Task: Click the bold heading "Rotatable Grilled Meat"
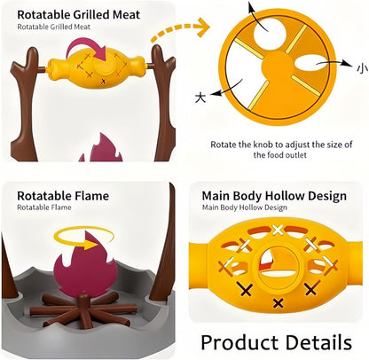click(79, 15)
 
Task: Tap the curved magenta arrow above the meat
click(86, 47)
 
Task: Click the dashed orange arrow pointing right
click(180, 28)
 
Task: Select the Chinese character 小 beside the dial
click(362, 68)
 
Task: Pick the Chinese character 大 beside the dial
click(200, 97)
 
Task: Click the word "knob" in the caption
click(263, 145)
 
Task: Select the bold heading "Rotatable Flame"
click(63, 196)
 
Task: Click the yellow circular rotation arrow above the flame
click(84, 238)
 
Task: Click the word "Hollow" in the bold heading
click(284, 196)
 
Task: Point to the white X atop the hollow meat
click(278, 230)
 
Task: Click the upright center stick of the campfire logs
click(84, 308)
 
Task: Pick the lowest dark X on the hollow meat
click(278, 303)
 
